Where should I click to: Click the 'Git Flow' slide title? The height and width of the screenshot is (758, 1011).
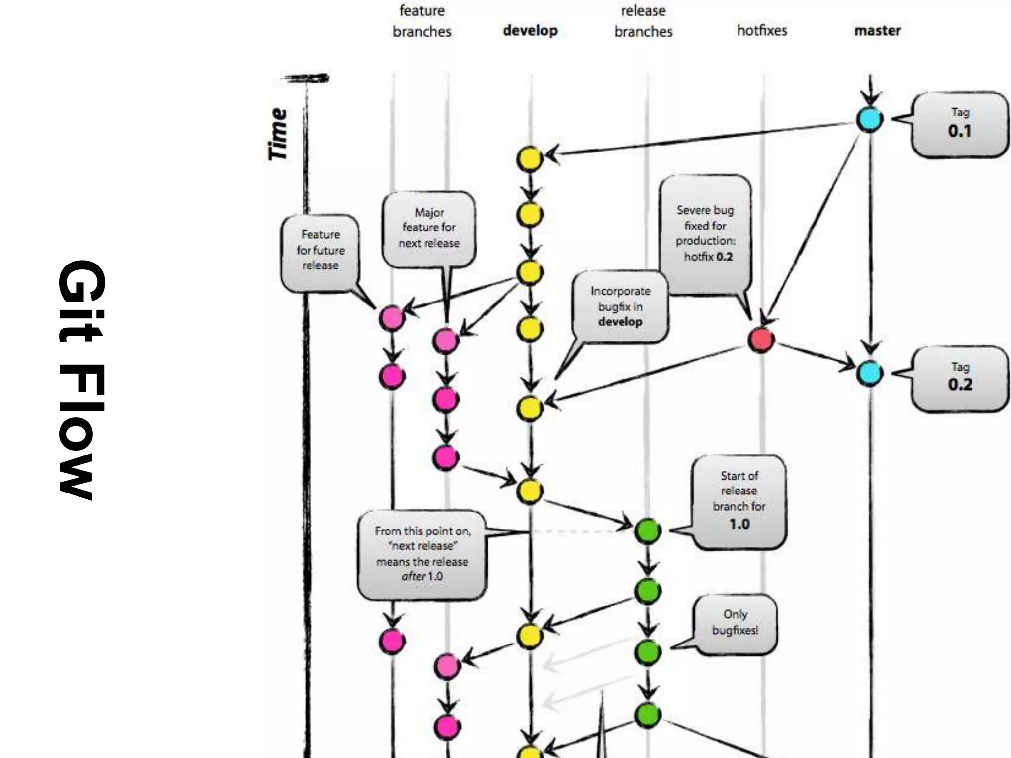81,379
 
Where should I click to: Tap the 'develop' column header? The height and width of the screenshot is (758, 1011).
530,30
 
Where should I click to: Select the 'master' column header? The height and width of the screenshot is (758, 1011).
877,30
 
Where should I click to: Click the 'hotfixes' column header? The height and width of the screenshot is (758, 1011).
762,30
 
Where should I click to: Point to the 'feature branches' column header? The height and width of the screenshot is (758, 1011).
422,21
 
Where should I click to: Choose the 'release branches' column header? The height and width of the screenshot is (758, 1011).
643,21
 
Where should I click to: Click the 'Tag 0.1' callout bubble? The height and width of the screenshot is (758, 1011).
959,124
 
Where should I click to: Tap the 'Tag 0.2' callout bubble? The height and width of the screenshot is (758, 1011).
959,378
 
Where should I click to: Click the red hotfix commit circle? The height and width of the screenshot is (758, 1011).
761,340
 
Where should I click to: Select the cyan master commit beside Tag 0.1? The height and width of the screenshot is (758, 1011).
869,119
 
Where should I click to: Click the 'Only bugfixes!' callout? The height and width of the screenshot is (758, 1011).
735,623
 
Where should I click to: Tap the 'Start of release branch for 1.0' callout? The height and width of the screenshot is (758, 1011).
739,501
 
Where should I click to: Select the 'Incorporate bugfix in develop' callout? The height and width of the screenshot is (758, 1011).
620,306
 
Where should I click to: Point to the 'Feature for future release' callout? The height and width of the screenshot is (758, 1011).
320,251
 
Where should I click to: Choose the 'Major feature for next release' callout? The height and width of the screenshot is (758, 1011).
429,228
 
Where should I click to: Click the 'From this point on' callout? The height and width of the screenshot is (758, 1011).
422,554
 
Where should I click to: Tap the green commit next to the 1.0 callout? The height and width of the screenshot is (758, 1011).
647,531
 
